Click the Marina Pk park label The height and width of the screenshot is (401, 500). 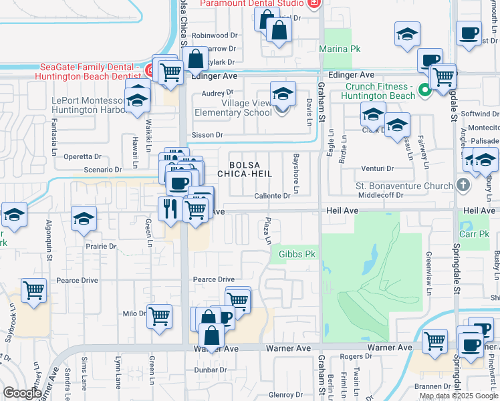[340, 49]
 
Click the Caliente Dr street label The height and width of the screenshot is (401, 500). [272, 196]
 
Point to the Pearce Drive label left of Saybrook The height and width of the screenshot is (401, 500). [80, 281]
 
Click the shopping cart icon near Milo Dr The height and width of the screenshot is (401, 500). [159, 315]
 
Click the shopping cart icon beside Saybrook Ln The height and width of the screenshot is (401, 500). [33, 290]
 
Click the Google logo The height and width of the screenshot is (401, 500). [22, 393]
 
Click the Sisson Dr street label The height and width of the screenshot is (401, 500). [207, 135]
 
